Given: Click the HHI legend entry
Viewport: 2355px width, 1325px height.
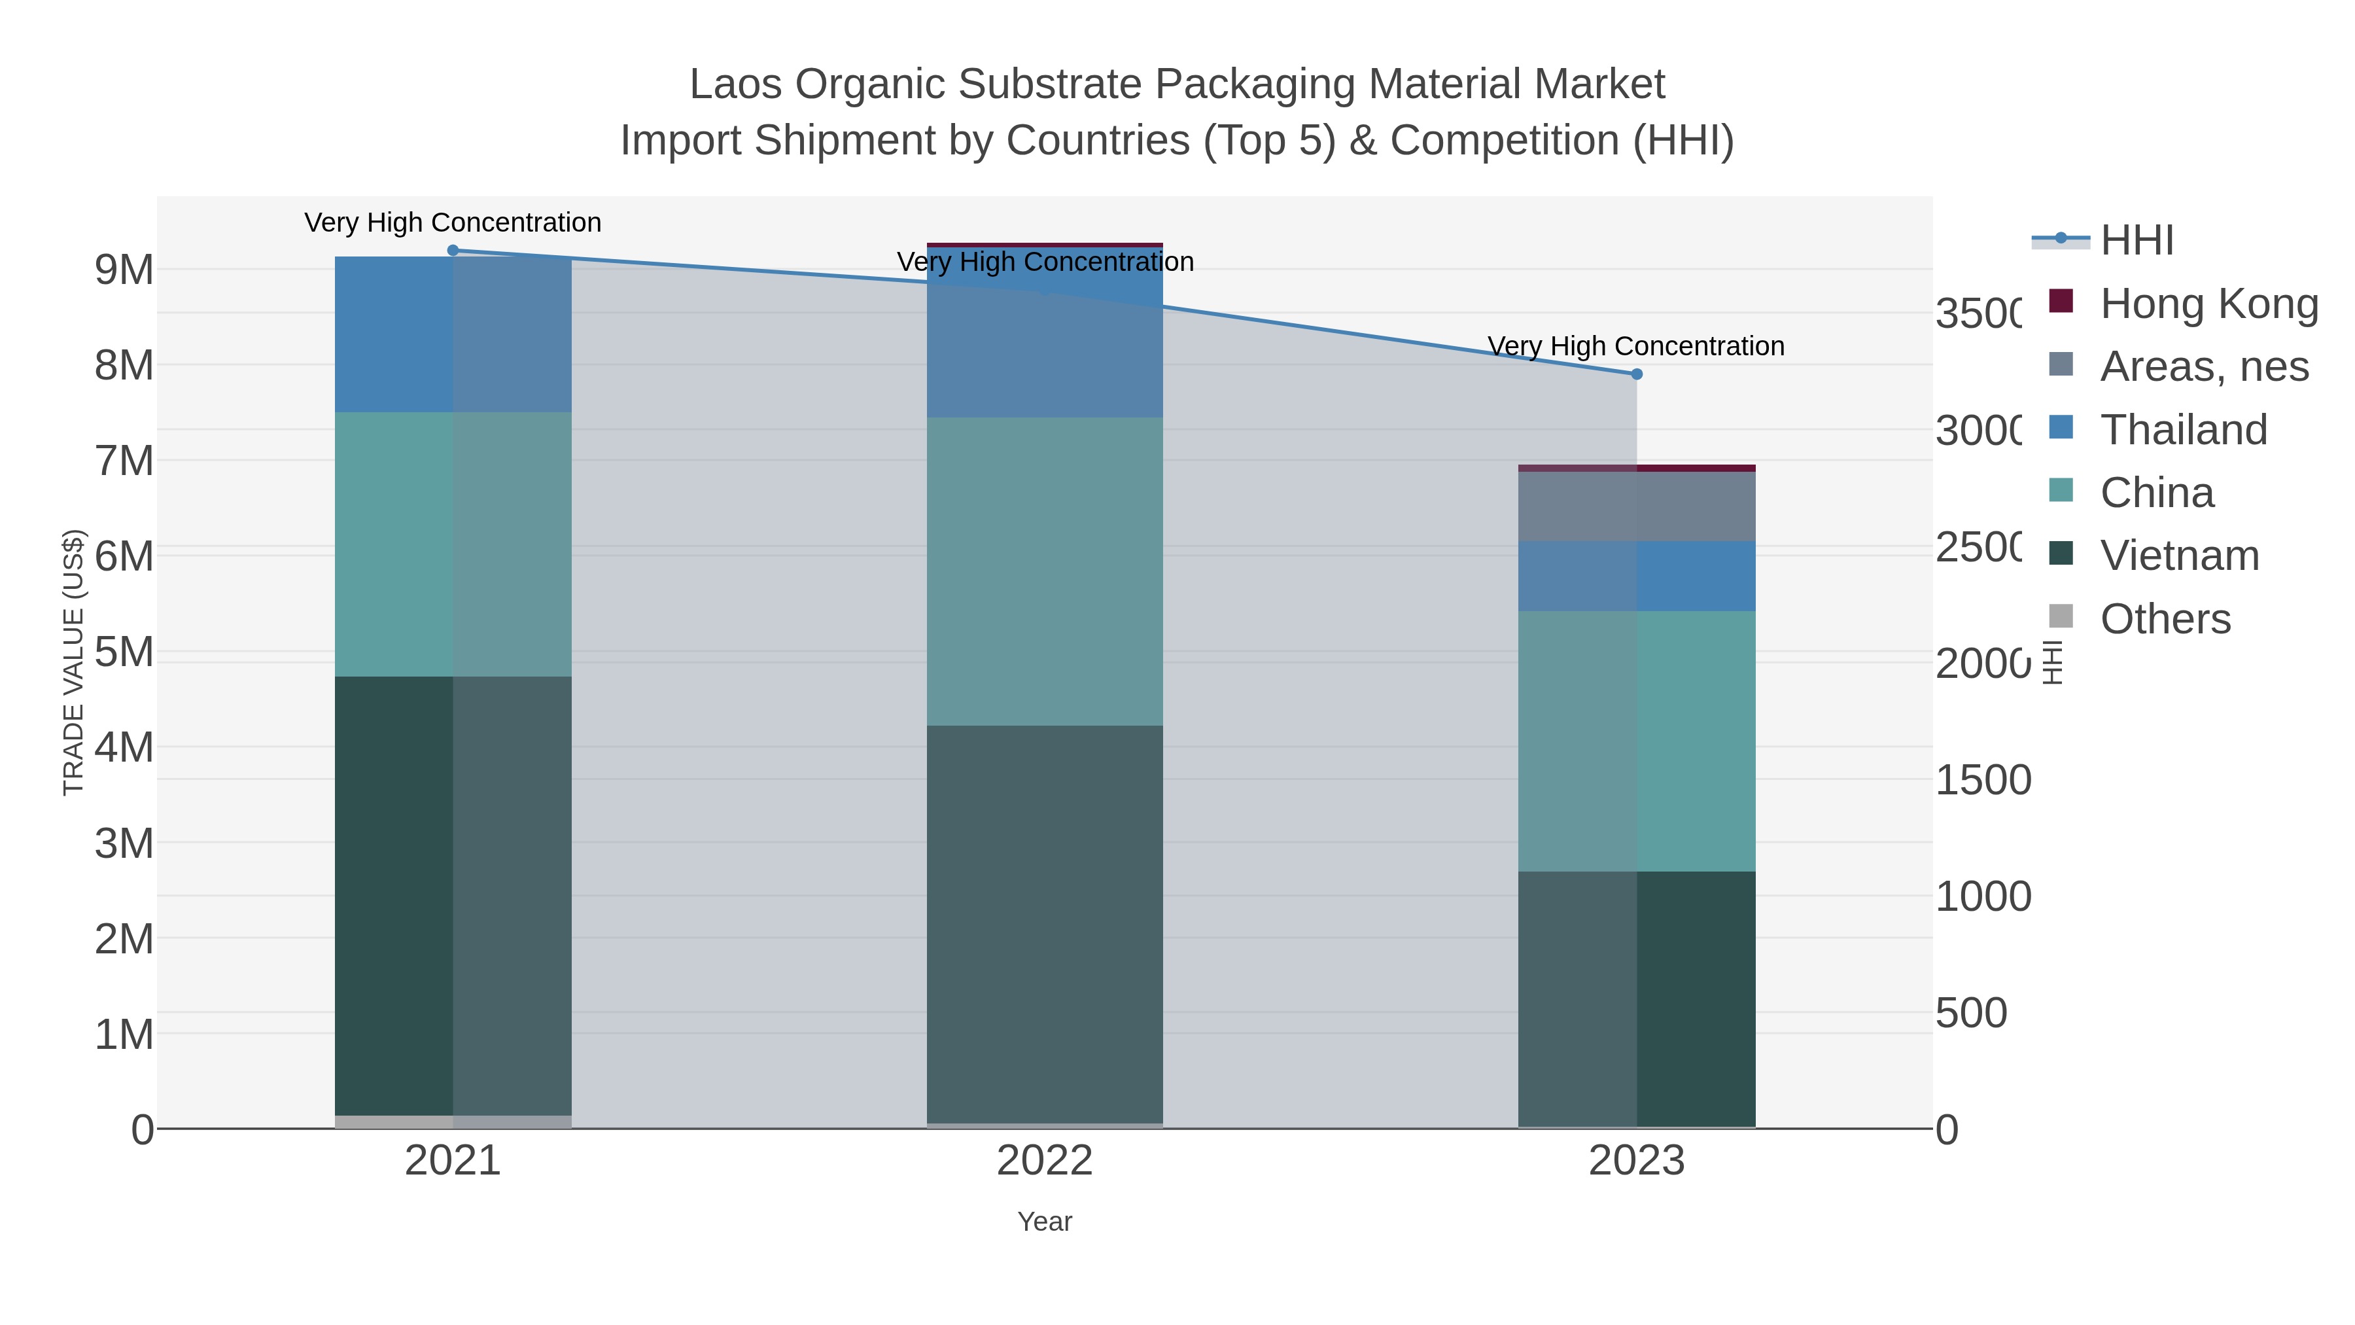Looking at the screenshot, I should click(2136, 241).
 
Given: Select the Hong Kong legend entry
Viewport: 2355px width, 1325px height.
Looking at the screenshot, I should click(2208, 304).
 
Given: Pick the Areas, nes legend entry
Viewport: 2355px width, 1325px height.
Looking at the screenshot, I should click(2203, 366).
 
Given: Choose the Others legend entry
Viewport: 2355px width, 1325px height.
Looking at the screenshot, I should click(2164, 619).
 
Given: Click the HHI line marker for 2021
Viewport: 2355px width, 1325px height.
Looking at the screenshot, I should click(453, 251).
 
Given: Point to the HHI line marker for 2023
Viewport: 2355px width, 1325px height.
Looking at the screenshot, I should click(1637, 374).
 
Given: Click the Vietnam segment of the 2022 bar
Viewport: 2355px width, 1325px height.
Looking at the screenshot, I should click(1044, 923).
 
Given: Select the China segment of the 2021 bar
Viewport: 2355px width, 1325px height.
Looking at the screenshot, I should click(453, 544).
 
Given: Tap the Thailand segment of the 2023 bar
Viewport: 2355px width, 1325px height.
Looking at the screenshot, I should click(1637, 576).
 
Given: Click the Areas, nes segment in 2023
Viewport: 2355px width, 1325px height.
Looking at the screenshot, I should click(1637, 506).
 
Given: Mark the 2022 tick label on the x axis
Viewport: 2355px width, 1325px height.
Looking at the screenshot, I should click(1044, 1161).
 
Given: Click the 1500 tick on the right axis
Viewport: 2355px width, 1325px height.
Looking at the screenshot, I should click(1982, 780).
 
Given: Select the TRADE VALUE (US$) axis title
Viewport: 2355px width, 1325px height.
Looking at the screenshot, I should click(73, 662).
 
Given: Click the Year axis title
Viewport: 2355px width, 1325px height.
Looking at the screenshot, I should click(1044, 1222).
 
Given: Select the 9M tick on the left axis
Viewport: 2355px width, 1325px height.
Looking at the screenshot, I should click(124, 270).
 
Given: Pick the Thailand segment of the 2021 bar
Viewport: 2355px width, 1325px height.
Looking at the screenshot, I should click(453, 334).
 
